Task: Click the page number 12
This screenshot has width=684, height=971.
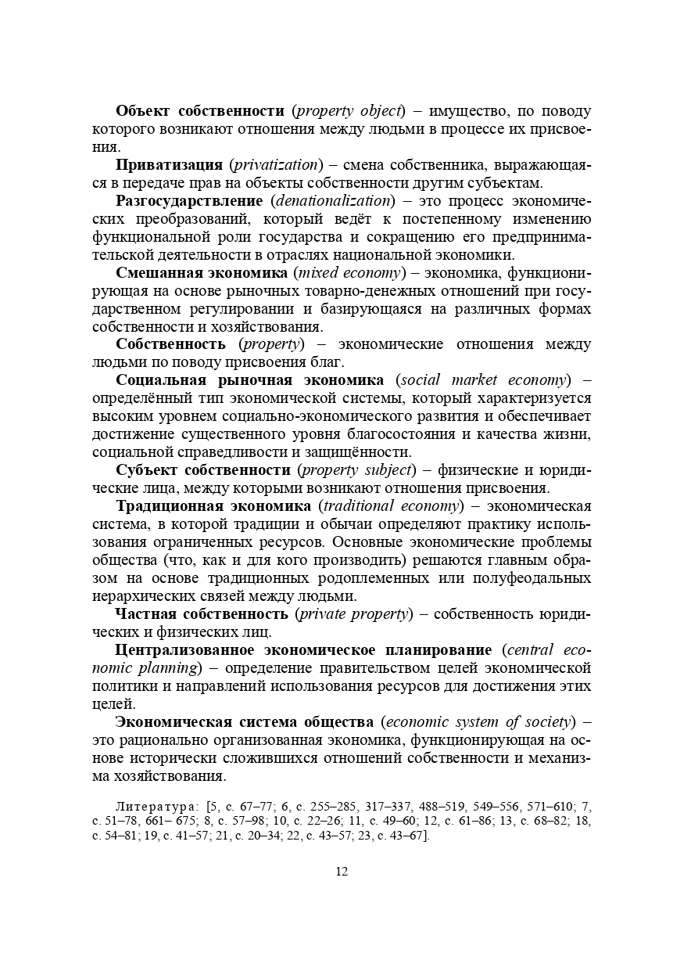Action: [342, 872]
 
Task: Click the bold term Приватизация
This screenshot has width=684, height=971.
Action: [170, 165]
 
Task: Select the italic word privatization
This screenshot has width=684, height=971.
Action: [277, 165]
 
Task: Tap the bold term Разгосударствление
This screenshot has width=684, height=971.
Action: [189, 200]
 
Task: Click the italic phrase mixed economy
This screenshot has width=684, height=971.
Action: [349, 273]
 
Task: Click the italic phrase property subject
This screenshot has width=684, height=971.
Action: [356, 469]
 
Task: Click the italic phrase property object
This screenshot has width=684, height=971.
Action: [349, 111]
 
